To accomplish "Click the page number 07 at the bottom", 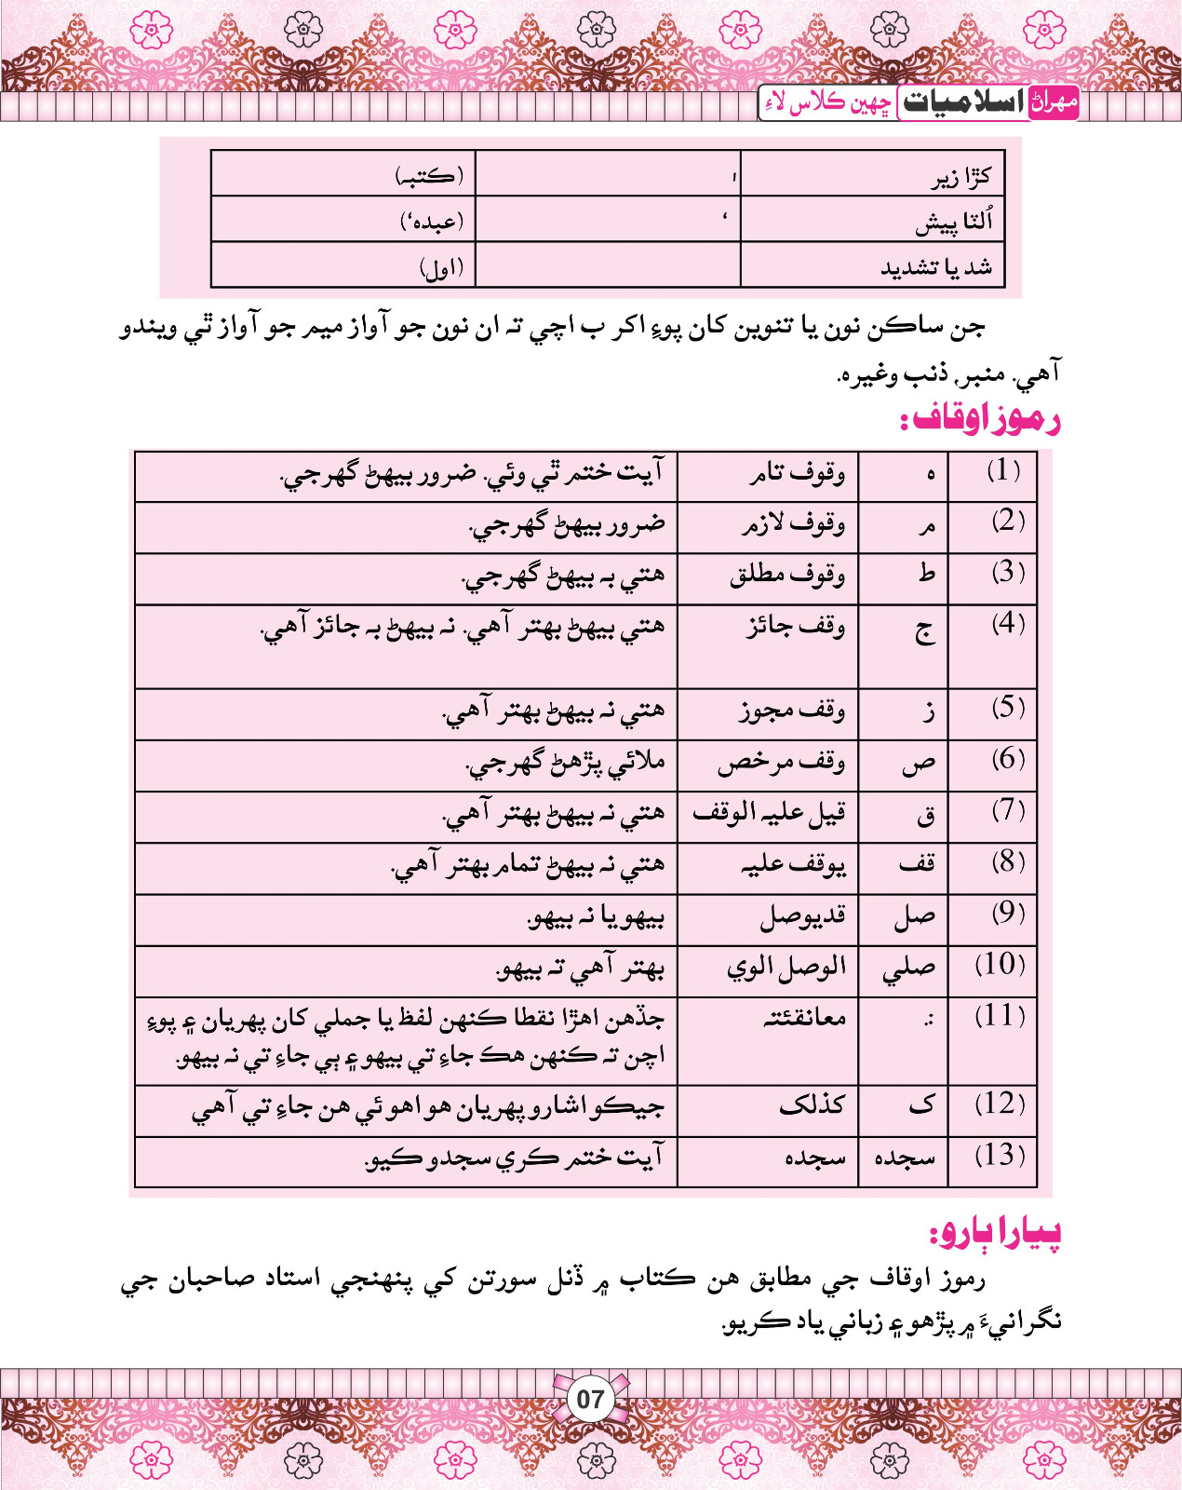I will click(590, 1399).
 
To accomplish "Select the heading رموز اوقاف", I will click(980, 419).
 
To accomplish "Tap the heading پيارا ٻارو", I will click(995, 1234).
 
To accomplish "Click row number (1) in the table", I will click(1003, 471).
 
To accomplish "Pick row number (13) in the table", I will click(1000, 1156).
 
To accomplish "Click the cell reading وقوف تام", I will click(798, 474).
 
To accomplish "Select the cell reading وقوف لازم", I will click(793, 525).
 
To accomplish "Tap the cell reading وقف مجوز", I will click(792, 711).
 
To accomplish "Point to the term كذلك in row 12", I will click(812, 1105).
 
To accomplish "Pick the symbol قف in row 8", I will click(917, 864).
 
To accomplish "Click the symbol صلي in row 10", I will click(909, 968).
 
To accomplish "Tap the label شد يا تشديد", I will click(936, 268).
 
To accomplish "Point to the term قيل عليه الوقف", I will click(769, 814).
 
